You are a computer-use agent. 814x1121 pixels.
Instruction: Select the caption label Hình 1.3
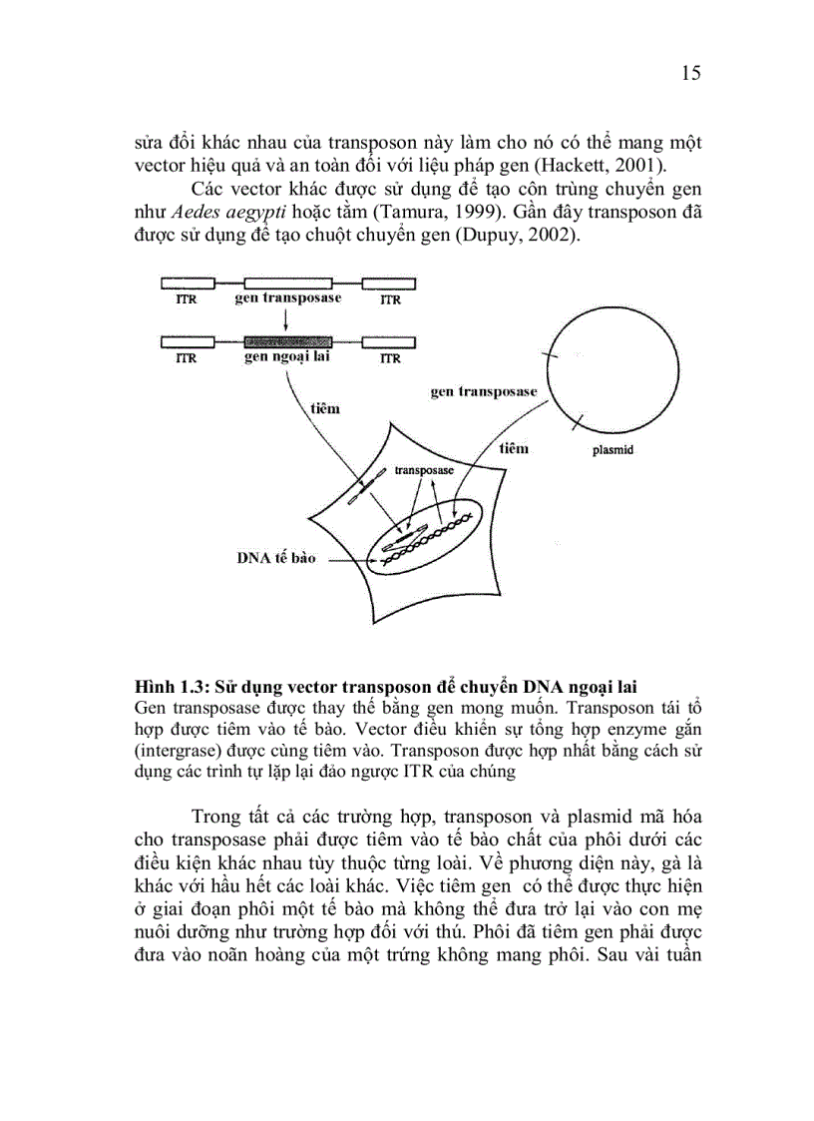[171, 687]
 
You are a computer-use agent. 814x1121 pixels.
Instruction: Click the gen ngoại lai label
[286, 357]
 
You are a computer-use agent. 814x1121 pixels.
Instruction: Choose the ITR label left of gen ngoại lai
[186, 358]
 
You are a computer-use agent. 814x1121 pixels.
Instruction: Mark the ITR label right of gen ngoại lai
[390, 358]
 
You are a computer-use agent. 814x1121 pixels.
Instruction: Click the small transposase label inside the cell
[424, 468]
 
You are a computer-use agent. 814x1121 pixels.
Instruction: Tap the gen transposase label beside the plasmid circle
[483, 392]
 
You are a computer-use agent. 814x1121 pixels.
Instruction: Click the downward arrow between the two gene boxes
[286, 319]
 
